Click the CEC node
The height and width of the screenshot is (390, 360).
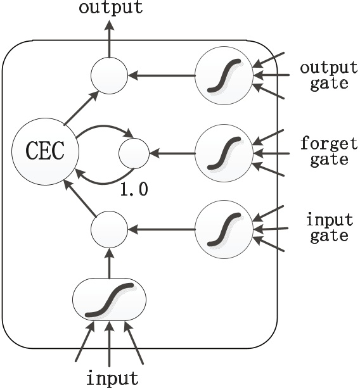tap(44, 153)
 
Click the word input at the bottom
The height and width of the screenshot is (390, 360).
tap(112, 378)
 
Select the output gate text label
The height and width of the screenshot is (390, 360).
tap(325, 75)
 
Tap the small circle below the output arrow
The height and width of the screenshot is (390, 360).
tap(109, 77)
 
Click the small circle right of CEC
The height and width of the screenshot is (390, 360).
tap(134, 153)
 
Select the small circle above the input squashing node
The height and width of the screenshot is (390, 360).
tap(109, 230)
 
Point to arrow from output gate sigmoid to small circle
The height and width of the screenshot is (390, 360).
tap(161, 77)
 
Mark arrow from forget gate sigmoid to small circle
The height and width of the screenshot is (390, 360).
tap(172, 153)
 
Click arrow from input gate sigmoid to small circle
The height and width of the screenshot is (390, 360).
tap(161, 230)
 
